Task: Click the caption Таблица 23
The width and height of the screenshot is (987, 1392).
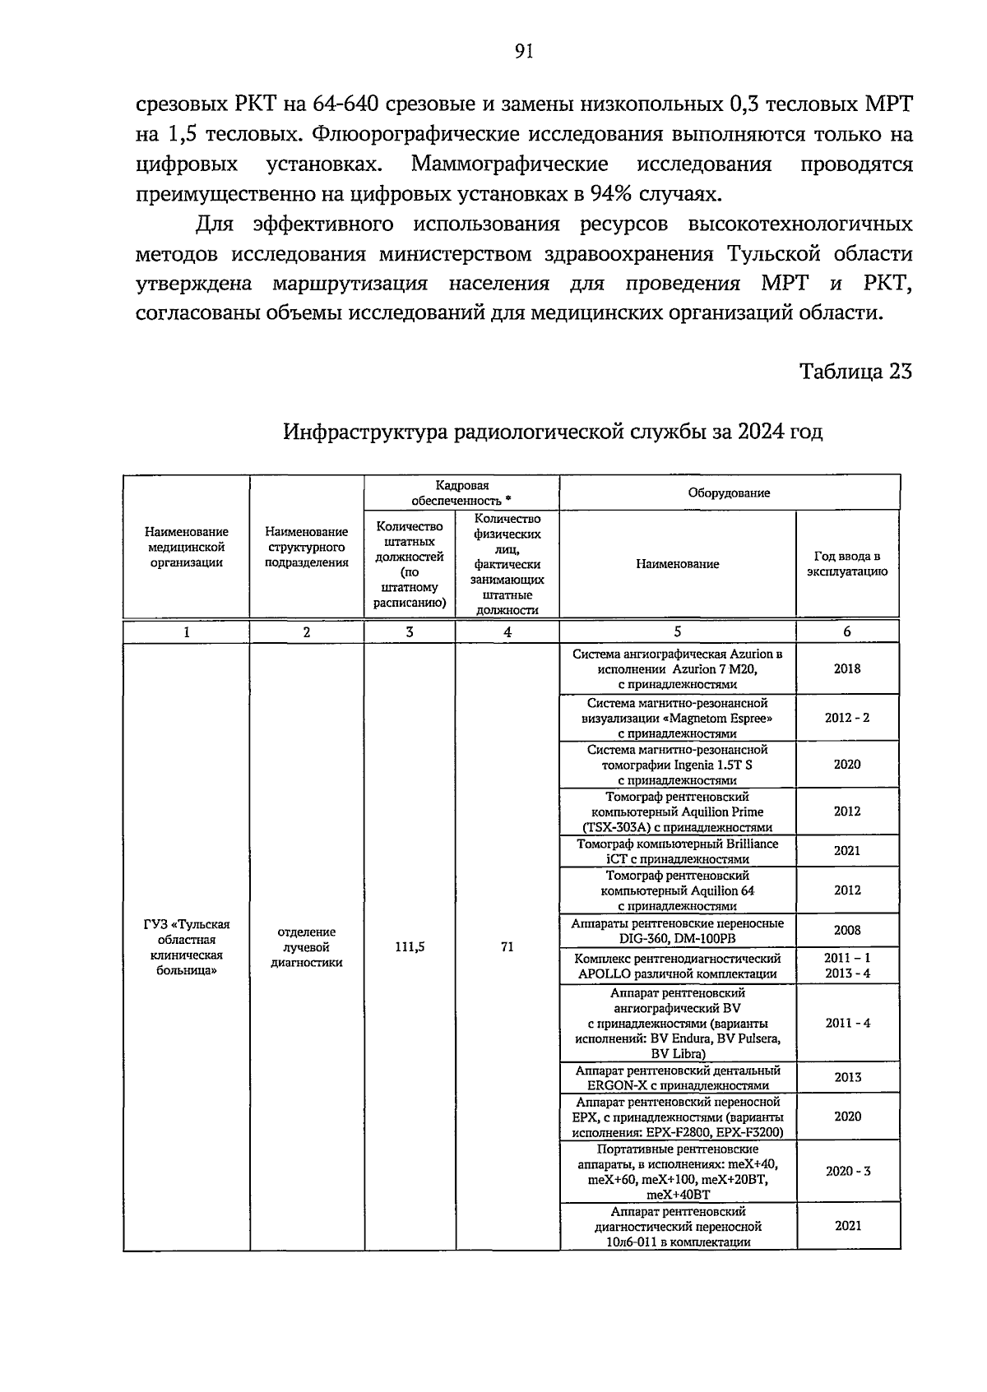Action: pos(856,371)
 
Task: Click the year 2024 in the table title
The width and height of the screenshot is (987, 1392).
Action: pos(762,432)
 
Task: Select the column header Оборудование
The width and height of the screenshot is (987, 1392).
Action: pos(729,493)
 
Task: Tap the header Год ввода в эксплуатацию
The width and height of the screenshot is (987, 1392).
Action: pos(846,564)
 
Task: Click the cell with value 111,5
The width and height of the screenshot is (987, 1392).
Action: pos(410,946)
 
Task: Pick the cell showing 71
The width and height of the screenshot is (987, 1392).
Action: pos(507,946)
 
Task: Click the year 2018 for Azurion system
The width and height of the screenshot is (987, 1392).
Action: pos(846,668)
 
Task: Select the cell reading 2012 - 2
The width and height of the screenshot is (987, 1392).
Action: pos(846,717)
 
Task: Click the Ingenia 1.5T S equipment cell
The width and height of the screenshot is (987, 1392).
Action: pos(677,765)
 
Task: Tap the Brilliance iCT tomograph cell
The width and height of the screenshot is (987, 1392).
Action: pos(677,851)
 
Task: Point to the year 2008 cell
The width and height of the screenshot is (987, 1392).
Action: pos(846,930)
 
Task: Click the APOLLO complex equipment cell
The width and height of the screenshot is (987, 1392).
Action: pos(677,966)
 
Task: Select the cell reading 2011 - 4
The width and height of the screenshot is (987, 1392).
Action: pos(846,1023)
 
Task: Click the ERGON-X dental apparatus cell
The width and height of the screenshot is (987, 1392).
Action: pos(677,1077)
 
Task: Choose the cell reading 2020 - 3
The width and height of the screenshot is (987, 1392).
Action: pos(847,1171)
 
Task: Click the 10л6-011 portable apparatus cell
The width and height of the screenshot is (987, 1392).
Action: pos(677,1226)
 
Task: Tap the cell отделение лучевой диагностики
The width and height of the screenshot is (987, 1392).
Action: pos(307,946)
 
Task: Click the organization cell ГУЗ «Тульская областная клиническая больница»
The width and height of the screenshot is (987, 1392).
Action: pos(187,946)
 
